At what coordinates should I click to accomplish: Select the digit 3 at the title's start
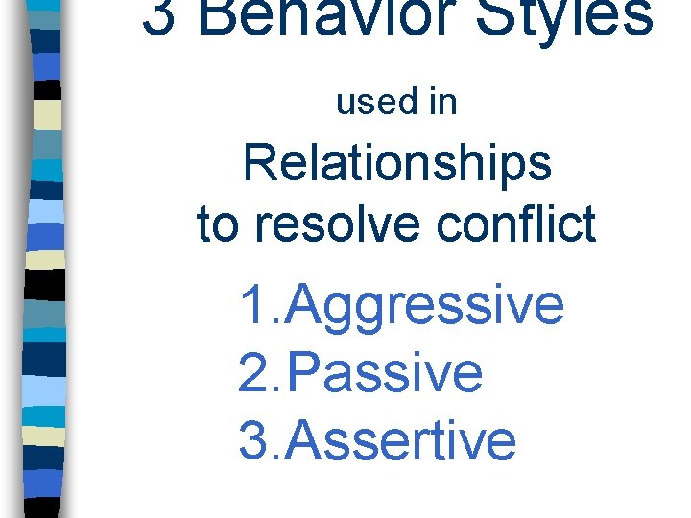pyautogui.click(x=160, y=15)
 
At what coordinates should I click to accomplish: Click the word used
pyautogui.click(x=372, y=102)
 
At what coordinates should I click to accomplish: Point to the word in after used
pyautogui.click(x=443, y=102)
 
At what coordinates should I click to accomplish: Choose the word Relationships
pyautogui.click(x=397, y=163)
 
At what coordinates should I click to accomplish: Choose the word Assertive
pyautogui.click(x=401, y=439)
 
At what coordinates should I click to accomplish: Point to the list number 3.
pyautogui.click(x=255, y=439)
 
